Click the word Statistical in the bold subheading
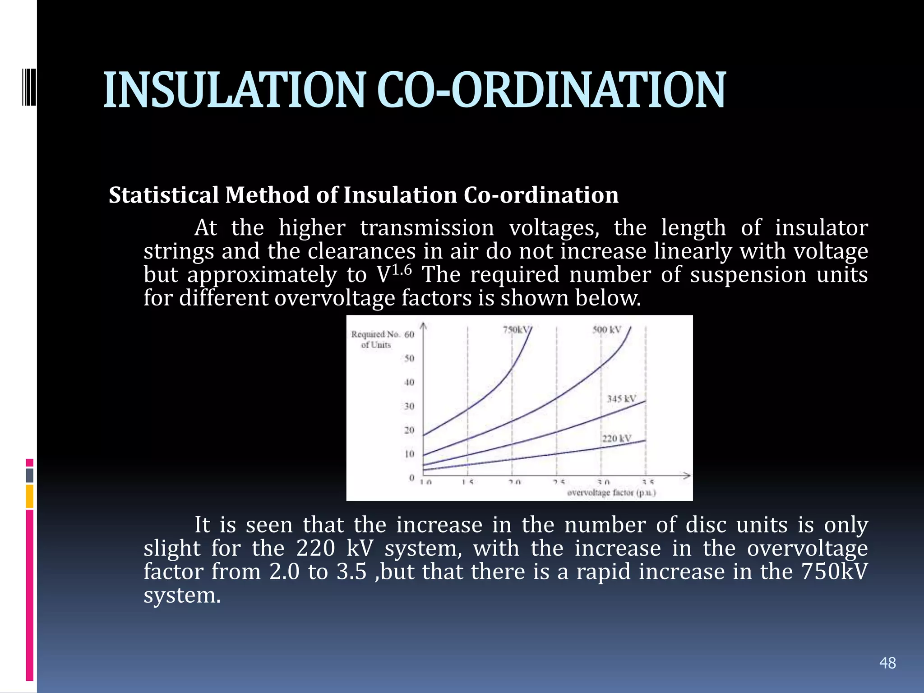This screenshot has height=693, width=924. click(163, 195)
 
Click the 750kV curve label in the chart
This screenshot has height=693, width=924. click(515, 330)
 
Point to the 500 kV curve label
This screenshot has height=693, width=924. click(606, 330)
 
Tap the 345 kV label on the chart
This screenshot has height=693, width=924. click(621, 399)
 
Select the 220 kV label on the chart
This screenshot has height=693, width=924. click(616, 439)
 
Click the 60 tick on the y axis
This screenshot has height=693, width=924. click(409, 335)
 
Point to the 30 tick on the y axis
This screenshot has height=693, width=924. click(409, 406)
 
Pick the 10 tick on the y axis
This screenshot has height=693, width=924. click(409, 454)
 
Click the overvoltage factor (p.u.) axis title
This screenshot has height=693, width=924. click(611, 493)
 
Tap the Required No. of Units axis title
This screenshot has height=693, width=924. click(375, 339)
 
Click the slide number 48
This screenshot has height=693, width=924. click(887, 663)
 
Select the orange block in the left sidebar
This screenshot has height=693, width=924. click(29, 496)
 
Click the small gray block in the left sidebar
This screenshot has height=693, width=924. click(29, 475)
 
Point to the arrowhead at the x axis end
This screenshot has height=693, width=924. click(687, 476)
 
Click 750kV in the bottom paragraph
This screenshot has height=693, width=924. click(834, 572)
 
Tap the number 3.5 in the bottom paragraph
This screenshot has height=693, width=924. click(351, 572)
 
